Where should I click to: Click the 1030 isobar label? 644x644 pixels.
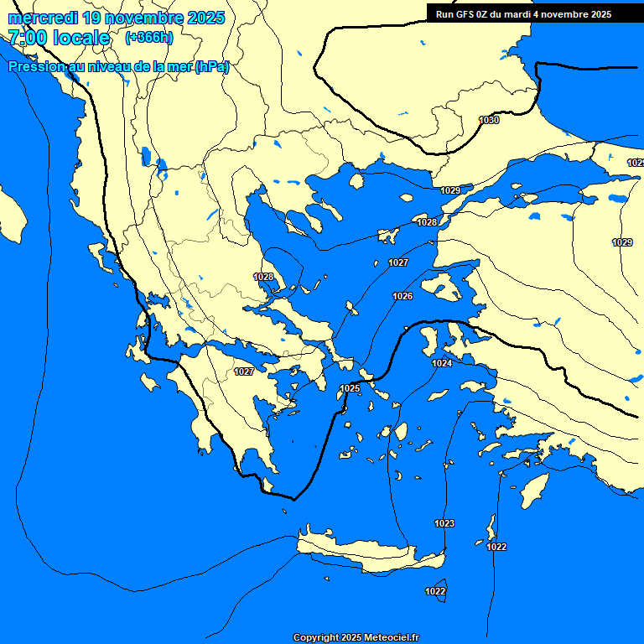click(x=489, y=121)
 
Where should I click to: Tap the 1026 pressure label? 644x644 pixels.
click(x=402, y=297)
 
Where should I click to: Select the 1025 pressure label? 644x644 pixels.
click(x=351, y=388)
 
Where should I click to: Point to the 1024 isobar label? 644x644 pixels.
click(x=443, y=363)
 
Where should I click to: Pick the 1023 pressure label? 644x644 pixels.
click(x=444, y=524)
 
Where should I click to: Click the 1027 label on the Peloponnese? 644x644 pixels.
click(x=244, y=371)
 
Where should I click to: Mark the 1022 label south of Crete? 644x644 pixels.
click(x=435, y=592)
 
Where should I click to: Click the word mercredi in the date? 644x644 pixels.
click(x=43, y=18)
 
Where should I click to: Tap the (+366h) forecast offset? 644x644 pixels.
click(x=148, y=37)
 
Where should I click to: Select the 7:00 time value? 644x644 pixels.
click(x=27, y=38)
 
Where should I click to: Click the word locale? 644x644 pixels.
click(x=80, y=38)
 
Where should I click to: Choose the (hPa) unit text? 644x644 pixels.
click(x=211, y=67)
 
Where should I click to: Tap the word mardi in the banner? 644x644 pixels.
click(x=517, y=14)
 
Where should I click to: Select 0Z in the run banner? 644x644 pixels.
click(x=484, y=14)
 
